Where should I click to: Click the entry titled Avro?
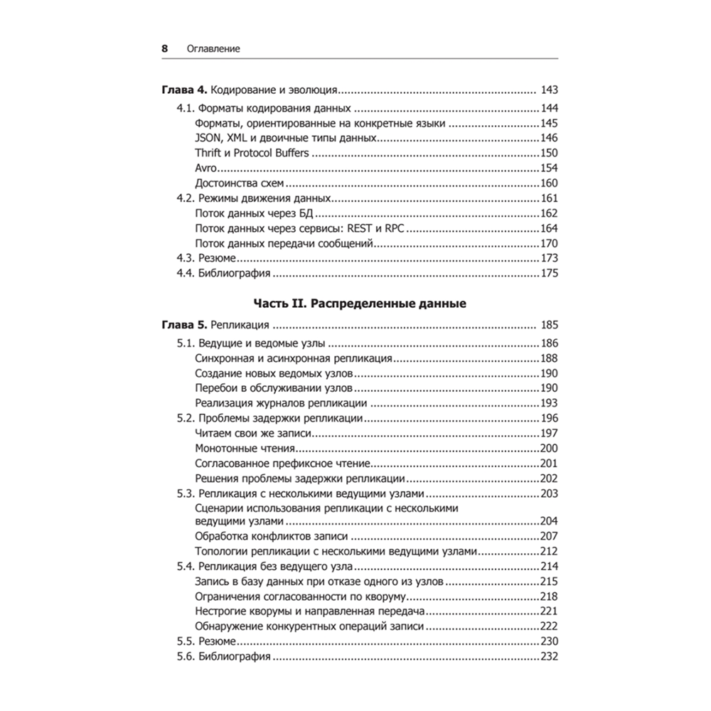(205, 168)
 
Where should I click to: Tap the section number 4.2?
(185, 198)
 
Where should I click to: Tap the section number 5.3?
(185, 494)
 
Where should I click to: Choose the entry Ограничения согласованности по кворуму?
(299, 597)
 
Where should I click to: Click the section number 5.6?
(185, 657)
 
